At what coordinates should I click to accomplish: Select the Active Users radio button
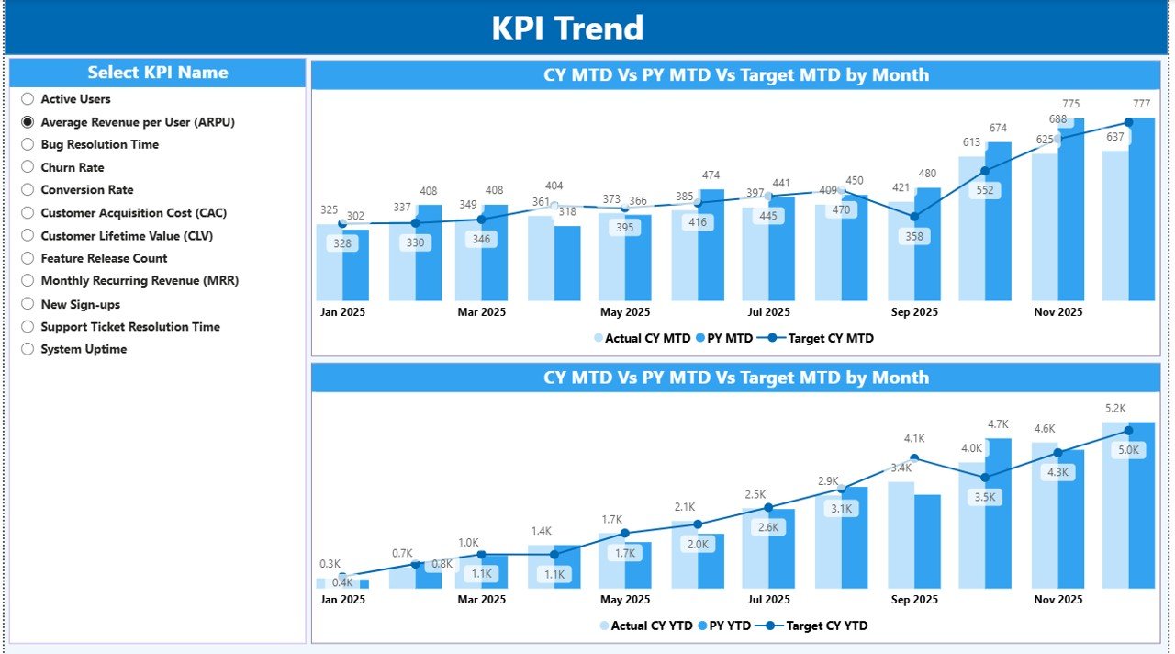[x=28, y=99]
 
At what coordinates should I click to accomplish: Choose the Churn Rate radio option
[x=28, y=168]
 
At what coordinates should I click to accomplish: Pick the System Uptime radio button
[x=28, y=350]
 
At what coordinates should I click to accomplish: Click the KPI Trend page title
[x=567, y=28]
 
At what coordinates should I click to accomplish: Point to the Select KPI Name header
[x=158, y=73]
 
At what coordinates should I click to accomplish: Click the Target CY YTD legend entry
[x=823, y=626]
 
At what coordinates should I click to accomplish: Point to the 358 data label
[x=912, y=236]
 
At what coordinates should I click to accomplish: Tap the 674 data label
[x=997, y=128]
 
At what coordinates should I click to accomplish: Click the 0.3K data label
[x=330, y=564]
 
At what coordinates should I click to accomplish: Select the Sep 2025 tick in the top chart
[x=913, y=312]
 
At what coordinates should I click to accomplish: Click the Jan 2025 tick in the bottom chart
[x=342, y=600]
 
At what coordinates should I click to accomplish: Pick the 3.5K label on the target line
[x=984, y=497]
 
